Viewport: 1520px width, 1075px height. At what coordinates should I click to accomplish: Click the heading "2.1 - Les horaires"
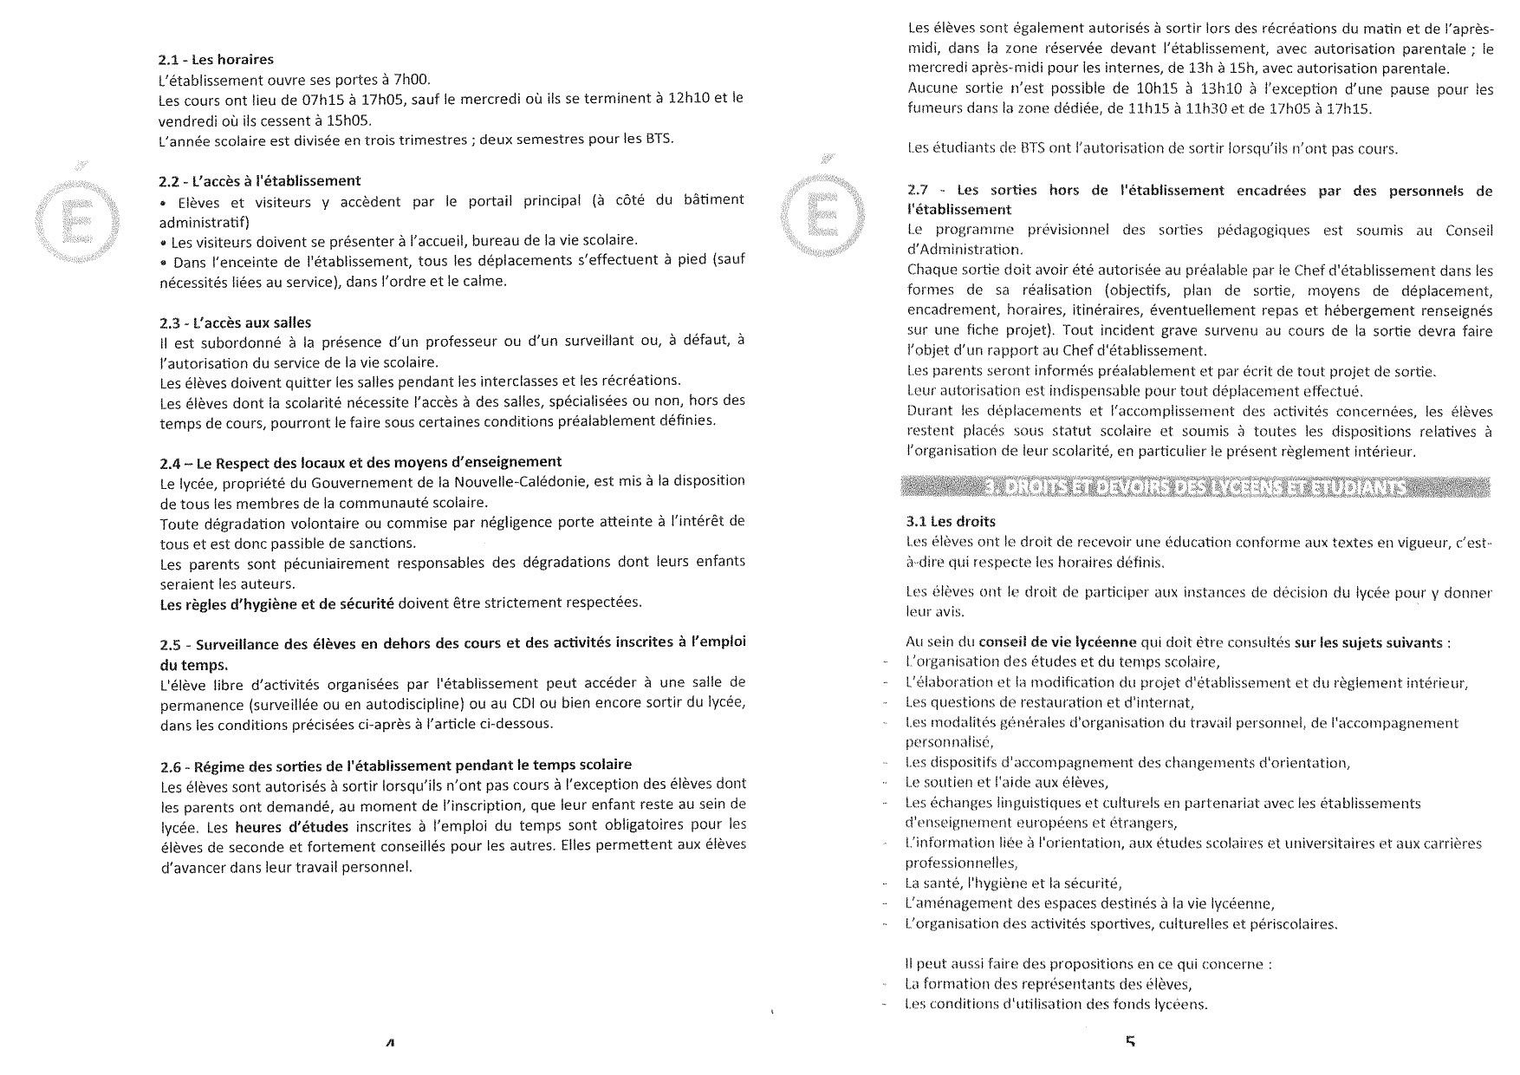216,60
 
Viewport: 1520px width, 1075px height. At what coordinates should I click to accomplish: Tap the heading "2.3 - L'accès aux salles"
235,322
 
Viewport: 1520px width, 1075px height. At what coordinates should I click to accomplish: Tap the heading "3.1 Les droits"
950,522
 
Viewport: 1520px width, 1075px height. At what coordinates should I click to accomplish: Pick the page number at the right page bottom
1129,1041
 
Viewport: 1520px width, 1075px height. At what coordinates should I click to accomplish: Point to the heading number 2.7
919,191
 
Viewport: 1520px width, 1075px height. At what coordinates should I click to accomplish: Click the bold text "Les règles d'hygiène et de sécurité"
276,603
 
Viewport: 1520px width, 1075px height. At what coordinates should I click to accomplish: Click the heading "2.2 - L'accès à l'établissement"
260,181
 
